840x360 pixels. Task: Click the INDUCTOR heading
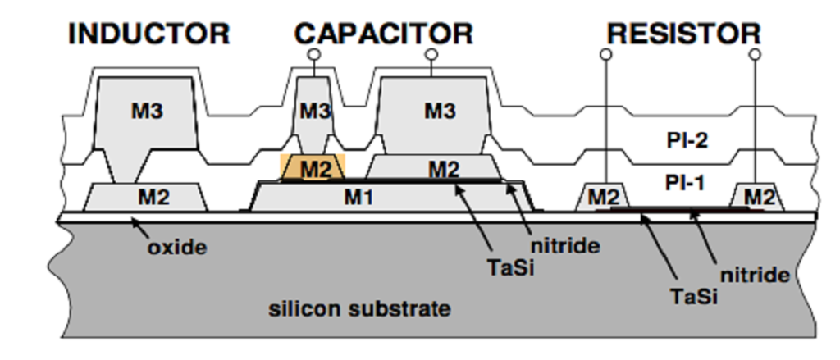[149, 34]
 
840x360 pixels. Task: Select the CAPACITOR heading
[384, 34]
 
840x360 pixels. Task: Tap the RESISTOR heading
[684, 34]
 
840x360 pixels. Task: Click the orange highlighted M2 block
[313, 167]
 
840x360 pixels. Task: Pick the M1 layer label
[358, 198]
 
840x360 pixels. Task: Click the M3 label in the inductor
[147, 111]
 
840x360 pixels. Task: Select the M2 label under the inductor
[153, 197]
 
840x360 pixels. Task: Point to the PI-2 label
[687, 141]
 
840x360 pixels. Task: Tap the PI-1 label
[685, 183]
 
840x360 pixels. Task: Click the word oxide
[177, 248]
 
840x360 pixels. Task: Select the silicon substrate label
[359, 309]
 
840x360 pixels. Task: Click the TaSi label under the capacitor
[511, 267]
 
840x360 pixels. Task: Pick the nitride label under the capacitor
[564, 247]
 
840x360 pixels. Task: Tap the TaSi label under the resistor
[694, 296]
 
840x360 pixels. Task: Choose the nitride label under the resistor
[755, 276]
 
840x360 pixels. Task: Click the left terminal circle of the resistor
[606, 54]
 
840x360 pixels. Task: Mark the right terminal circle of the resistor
[756, 54]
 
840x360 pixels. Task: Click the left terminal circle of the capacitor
[314, 54]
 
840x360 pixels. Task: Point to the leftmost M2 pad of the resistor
[603, 197]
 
